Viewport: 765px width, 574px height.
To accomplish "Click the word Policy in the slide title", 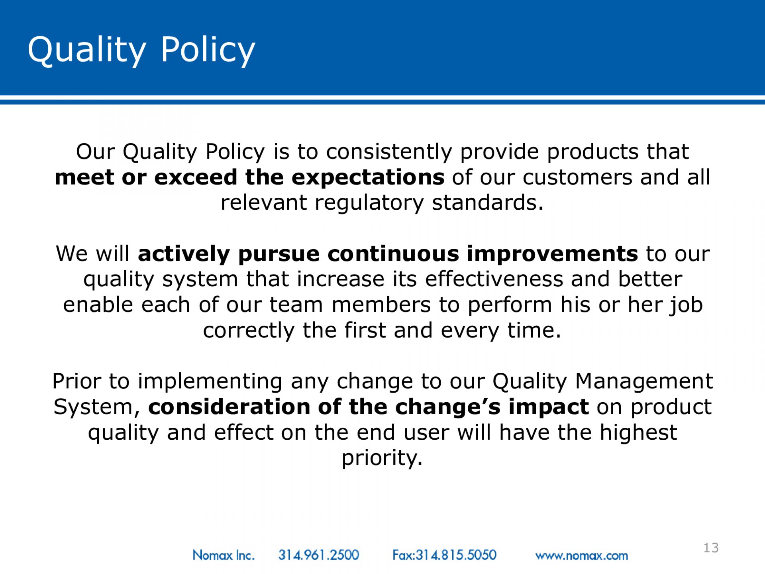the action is (x=208, y=50).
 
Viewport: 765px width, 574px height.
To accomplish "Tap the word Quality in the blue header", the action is (x=87, y=50).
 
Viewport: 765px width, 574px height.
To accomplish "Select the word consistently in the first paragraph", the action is (x=389, y=152).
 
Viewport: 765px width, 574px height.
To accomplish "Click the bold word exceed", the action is (x=196, y=177).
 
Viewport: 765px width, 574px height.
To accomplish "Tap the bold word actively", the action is (x=184, y=254).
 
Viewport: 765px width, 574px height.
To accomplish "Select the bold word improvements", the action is (x=552, y=254).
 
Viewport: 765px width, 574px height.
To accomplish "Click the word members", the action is (x=381, y=305).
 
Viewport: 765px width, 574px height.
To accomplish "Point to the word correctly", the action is (x=249, y=331).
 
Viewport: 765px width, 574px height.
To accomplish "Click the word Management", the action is (x=644, y=382).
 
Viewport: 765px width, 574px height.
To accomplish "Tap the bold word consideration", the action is (x=229, y=407).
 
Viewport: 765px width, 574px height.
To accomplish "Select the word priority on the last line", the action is (x=382, y=458).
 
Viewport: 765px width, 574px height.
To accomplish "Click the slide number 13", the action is (x=711, y=548).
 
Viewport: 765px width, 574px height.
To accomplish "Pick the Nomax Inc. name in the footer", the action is (x=224, y=555).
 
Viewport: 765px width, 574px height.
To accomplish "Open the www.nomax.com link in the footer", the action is (x=582, y=556).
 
